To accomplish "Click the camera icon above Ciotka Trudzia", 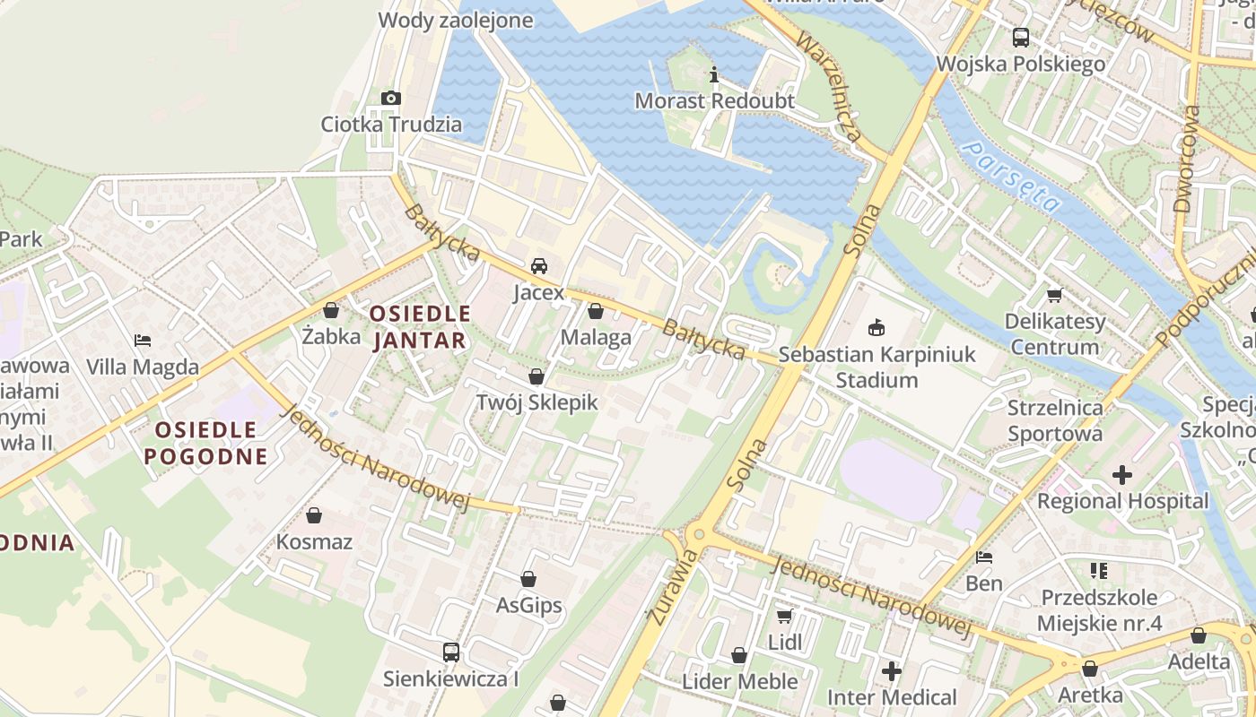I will coord(390,98).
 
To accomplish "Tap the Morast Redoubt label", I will coord(714,100).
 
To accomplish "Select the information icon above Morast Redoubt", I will coord(714,74).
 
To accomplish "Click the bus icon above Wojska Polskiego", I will coord(1021,38).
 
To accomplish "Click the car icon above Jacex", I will coord(539,265).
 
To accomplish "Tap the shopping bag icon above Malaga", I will coord(596,311).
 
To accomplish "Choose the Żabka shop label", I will coord(331,337).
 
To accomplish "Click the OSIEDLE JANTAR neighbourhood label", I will coord(419,326).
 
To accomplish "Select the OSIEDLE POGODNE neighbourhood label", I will coord(212,443).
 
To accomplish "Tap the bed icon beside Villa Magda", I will coord(143,341).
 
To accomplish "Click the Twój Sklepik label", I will coord(536,402).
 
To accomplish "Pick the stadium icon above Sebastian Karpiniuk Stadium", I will coord(877,328).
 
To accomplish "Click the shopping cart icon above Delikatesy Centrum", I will coord(1054,295).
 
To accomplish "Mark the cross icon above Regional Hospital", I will coord(1122,475).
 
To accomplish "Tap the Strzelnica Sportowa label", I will coord(1054,420).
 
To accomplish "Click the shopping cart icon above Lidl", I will coord(785,616).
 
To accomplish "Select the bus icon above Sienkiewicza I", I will coord(451,652).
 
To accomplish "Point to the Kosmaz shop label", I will coord(314,542).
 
